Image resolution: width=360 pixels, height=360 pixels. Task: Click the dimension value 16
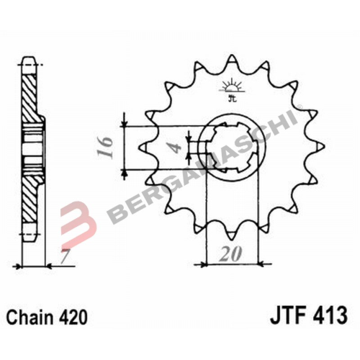click(x=106, y=148)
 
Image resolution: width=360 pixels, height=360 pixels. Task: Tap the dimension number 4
click(x=176, y=148)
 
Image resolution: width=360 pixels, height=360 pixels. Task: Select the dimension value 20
click(x=230, y=254)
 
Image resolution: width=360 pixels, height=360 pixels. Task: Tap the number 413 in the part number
click(x=331, y=315)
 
